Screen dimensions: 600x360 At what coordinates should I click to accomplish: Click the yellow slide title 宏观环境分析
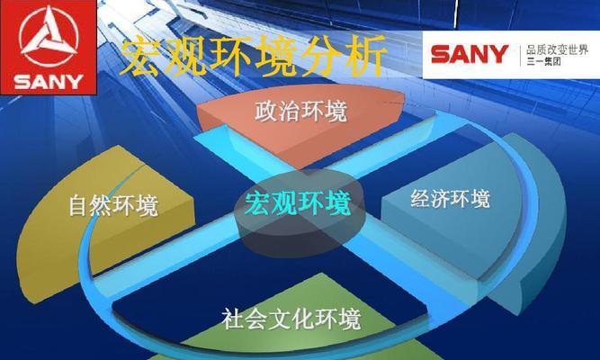pos(254,57)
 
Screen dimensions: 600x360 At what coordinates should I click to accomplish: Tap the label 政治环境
pos(301,111)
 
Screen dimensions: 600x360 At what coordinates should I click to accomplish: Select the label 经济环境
pos(451,198)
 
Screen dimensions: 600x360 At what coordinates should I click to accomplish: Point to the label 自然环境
pos(113,206)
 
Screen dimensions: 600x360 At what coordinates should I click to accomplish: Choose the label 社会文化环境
pos(291,319)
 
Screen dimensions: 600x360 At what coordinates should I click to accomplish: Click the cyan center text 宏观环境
pos(298,203)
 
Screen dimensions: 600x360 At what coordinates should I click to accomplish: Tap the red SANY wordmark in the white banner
pos(470,54)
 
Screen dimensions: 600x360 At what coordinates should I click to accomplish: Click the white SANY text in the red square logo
pos(49,82)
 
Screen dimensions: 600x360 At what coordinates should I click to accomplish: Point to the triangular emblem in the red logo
pos(49,37)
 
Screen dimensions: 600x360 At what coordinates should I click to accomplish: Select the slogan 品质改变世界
pos(557,49)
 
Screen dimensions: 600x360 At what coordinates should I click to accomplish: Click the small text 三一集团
pos(543,61)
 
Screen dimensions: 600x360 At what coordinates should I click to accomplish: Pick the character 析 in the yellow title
pos(364,56)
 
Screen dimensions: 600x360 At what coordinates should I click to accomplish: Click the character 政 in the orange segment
pos(266,112)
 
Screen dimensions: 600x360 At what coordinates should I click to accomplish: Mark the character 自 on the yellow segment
pos(79,206)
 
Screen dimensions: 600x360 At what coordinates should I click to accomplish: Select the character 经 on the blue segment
pos(420,198)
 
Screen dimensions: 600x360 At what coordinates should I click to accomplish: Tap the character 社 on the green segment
pos(233,319)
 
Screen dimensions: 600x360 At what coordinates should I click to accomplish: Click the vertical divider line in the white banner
pos(520,55)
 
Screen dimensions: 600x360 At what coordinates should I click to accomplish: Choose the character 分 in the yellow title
pos(319,56)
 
